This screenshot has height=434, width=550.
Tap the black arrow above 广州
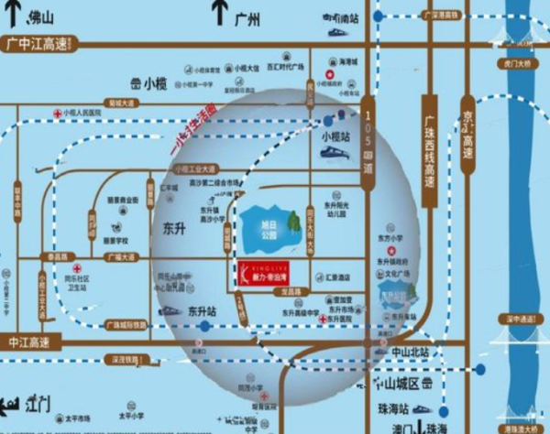[219, 12]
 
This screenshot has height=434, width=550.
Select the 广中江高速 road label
[37, 42]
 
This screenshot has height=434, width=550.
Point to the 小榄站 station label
[336, 136]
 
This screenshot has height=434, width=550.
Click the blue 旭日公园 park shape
[266, 225]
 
